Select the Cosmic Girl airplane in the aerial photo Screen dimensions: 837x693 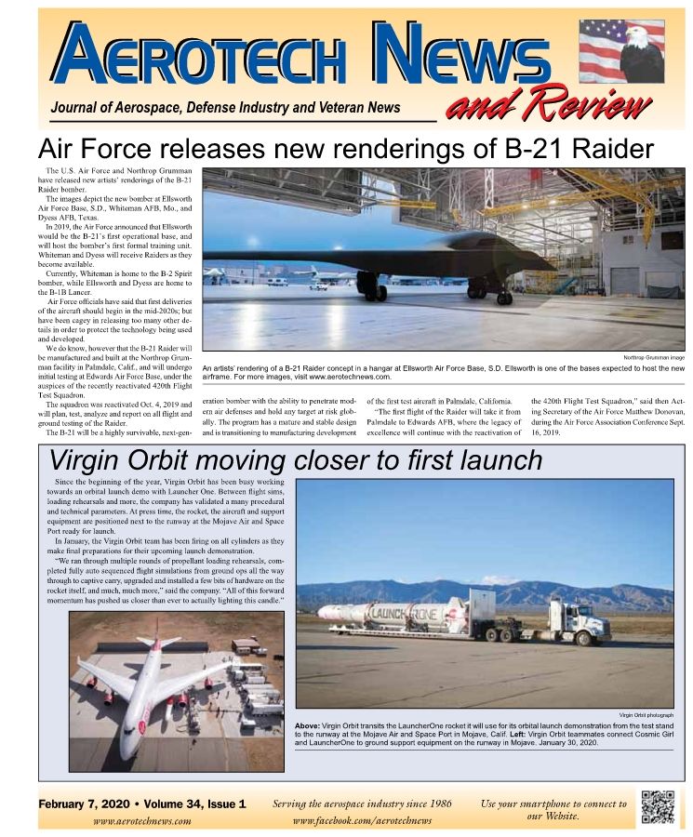[158, 679]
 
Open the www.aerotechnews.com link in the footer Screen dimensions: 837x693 [142, 821]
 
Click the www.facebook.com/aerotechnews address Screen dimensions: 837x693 [362, 820]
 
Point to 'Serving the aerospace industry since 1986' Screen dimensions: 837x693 [362, 803]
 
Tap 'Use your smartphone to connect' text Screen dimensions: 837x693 [553, 803]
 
